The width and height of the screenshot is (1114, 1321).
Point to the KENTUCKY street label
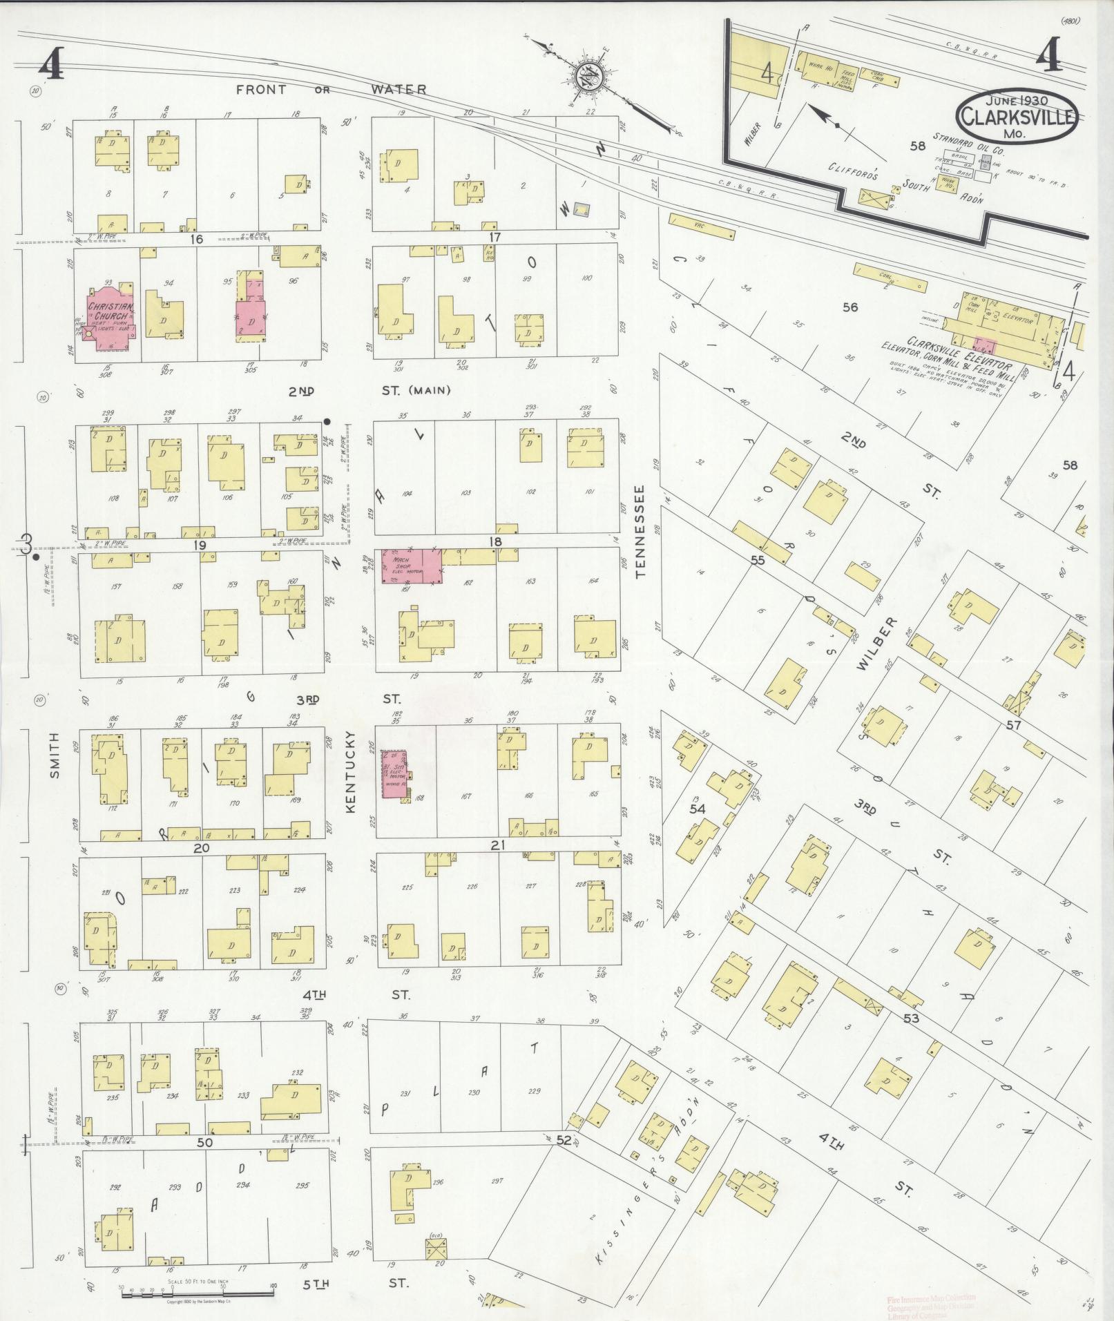[350, 771]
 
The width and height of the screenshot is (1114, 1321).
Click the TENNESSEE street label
[640, 530]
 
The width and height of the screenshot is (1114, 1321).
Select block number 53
[911, 1019]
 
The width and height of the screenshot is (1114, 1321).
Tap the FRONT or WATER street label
[331, 90]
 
